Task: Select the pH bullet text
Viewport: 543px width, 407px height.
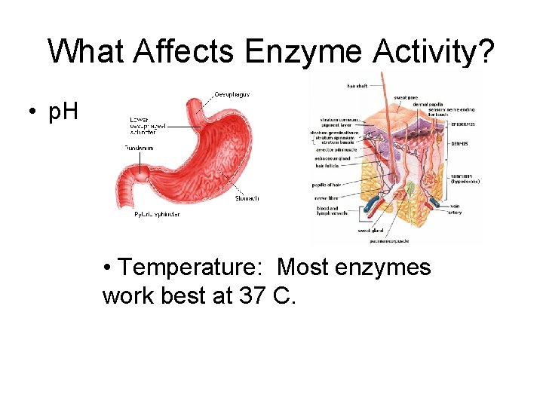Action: [63, 114]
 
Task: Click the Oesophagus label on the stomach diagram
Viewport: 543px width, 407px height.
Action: [232, 94]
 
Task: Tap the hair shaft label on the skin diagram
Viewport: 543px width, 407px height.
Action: [357, 85]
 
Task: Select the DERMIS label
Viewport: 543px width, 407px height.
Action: [460, 143]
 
